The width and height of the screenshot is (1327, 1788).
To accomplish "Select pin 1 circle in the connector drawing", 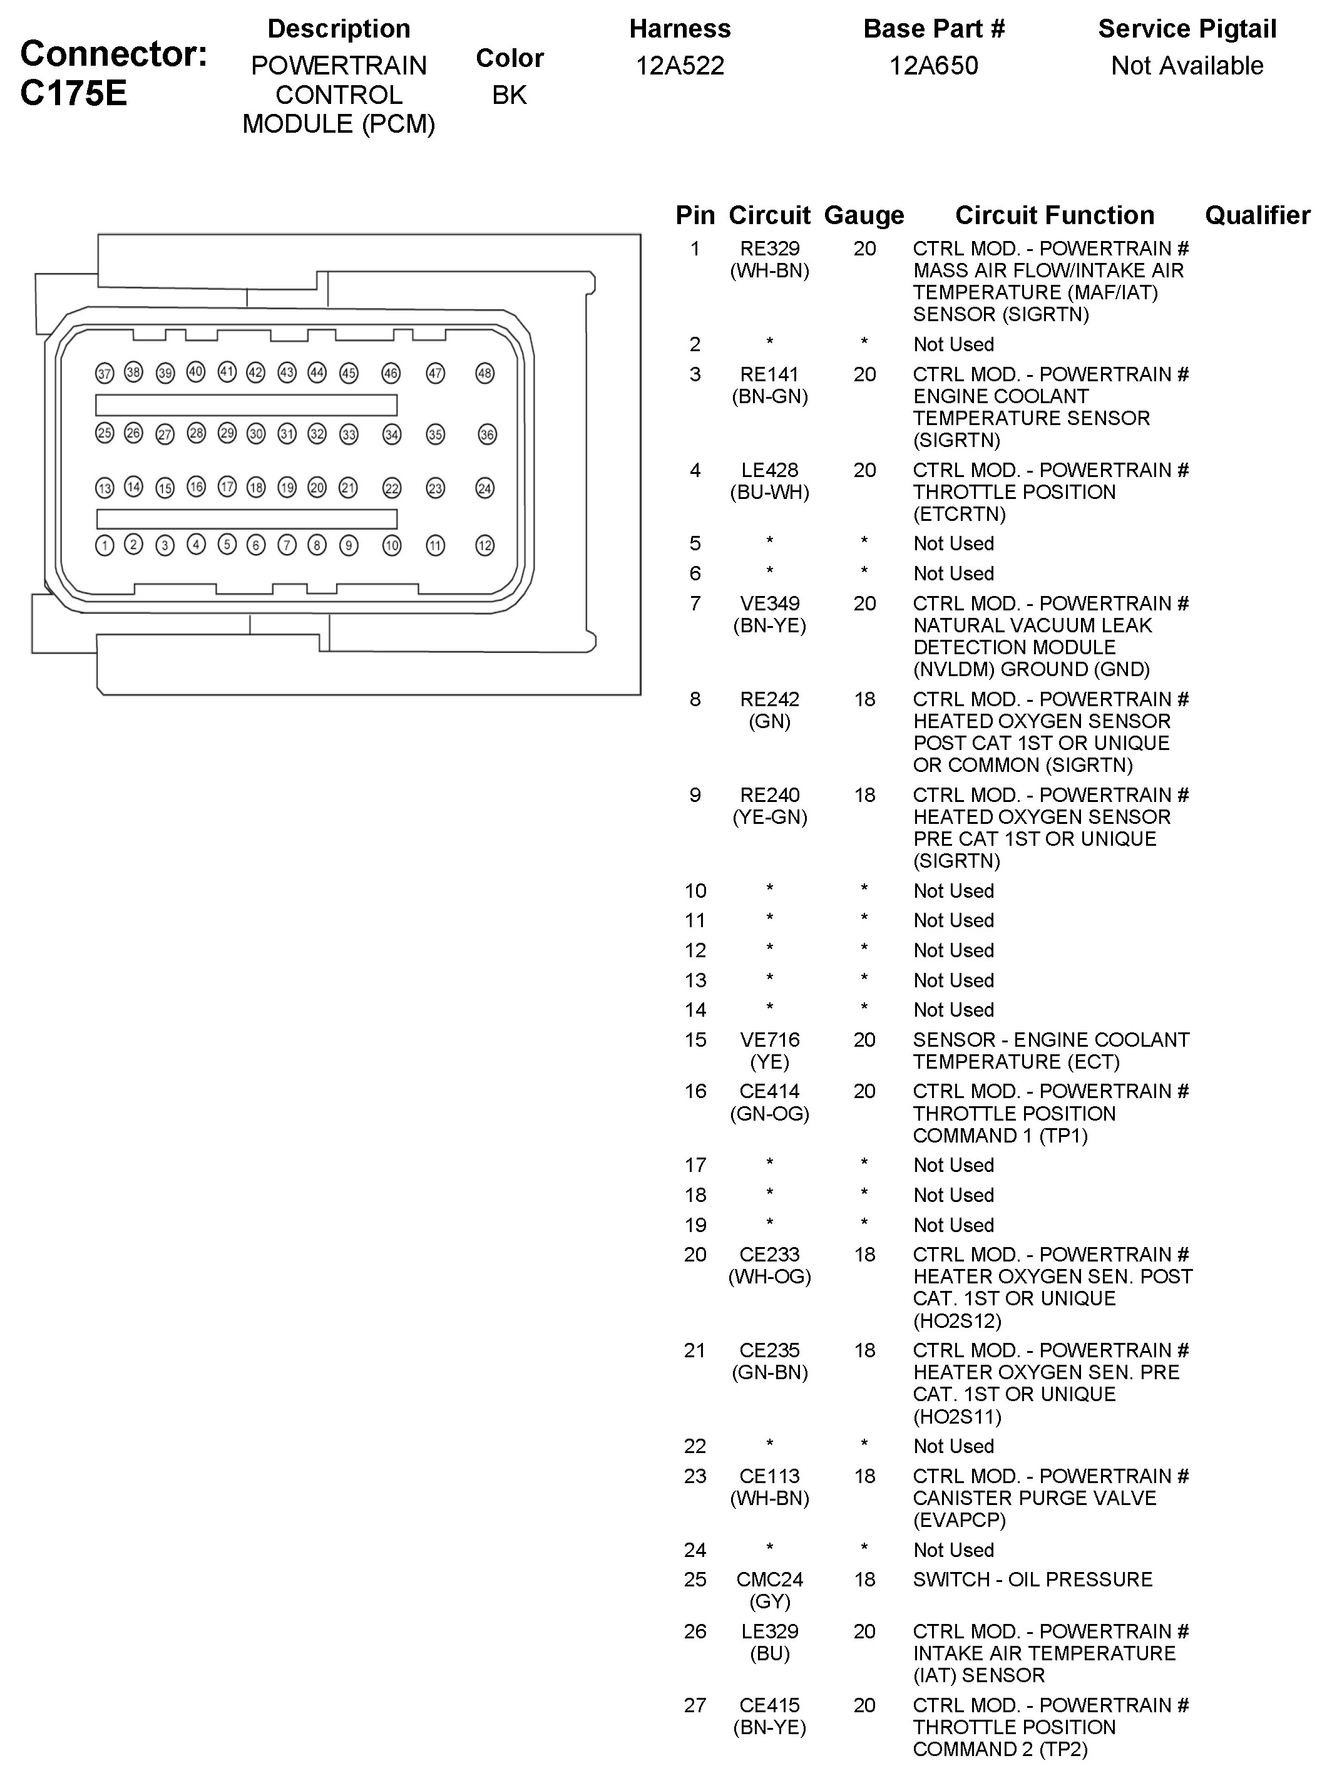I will (x=105, y=545).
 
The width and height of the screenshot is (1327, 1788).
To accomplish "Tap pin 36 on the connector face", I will (x=487, y=434).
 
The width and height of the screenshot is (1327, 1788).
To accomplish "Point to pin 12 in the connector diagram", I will (x=484, y=545).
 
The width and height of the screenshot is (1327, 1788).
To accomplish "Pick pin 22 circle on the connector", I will (x=391, y=488).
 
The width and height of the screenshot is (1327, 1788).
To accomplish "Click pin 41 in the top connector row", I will (x=227, y=372).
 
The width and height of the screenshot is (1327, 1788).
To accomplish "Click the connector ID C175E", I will (x=73, y=94).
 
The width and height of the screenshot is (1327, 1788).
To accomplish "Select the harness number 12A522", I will (x=680, y=66).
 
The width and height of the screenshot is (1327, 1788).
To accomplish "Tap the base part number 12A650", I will (x=933, y=66).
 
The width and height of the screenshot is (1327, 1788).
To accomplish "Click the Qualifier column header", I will (x=1257, y=215).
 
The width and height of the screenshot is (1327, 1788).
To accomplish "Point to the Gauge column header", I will (x=864, y=215).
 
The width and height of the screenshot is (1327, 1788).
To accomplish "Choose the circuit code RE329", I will (x=769, y=249).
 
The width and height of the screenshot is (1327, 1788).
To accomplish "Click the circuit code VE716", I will (x=769, y=1040).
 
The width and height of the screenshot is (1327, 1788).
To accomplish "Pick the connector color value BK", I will (x=510, y=95).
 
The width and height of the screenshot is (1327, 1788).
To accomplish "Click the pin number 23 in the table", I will (x=695, y=1476).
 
